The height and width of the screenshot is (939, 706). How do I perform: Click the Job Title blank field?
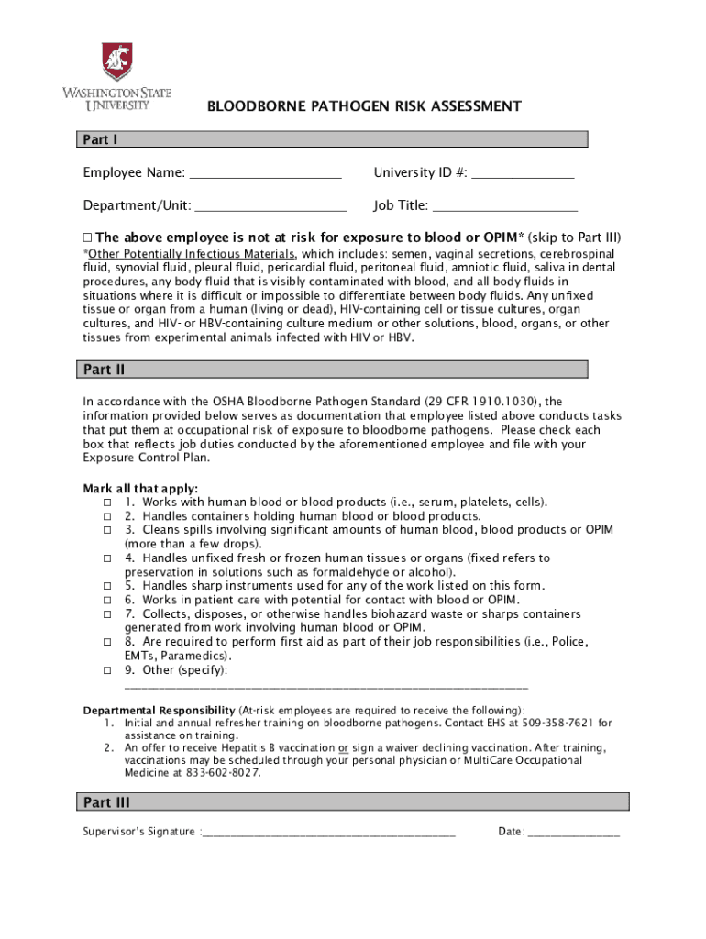[x=504, y=206]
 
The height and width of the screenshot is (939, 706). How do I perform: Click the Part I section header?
[x=330, y=140]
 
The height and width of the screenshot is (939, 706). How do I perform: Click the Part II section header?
[x=330, y=370]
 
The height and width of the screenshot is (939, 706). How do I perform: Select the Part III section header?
[x=352, y=802]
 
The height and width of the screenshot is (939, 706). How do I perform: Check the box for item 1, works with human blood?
[x=107, y=503]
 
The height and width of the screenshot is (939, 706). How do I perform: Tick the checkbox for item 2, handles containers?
[x=107, y=516]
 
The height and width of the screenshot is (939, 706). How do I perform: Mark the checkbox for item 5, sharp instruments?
[x=107, y=586]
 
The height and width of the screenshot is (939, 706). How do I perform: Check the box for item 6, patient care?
[x=107, y=600]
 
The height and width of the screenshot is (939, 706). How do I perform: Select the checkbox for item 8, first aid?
[x=107, y=642]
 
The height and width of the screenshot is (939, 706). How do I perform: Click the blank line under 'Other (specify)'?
[x=325, y=686]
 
